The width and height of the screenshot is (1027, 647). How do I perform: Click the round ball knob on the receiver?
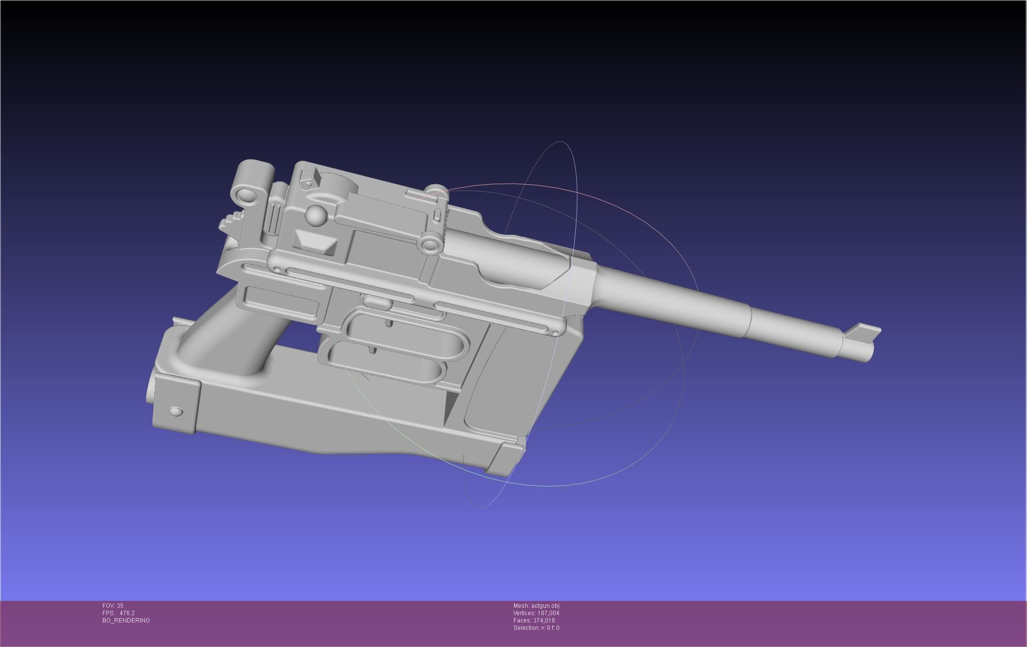(x=317, y=216)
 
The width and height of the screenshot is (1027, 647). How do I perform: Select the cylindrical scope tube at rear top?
(x=253, y=182)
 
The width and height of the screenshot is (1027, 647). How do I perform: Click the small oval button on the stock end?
(x=175, y=411)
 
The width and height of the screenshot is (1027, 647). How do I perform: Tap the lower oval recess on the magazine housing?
(x=387, y=363)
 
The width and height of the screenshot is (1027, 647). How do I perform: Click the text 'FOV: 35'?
(x=113, y=606)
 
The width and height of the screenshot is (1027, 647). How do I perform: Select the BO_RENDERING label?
(x=126, y=621)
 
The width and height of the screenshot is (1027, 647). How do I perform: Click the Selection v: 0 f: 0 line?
(x=536, y=628)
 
